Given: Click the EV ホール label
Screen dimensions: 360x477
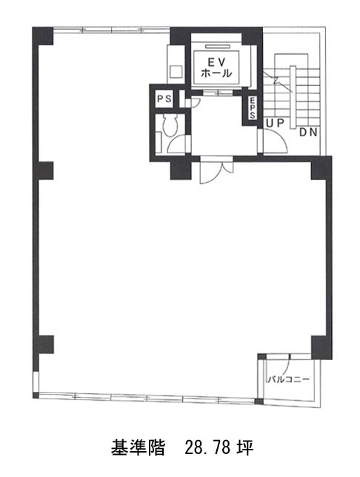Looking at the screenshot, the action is tap(217, 67).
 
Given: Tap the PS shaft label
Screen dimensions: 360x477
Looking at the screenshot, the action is tap(164, 99).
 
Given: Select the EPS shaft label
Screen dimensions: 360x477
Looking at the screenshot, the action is tap(253, 108).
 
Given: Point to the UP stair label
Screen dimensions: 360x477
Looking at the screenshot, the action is tap(275, 123).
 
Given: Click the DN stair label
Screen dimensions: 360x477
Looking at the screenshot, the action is tap(309, 133).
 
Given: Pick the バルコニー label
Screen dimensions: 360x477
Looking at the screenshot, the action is tap(289, 379).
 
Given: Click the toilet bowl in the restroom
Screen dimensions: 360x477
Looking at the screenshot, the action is tap(170, 125).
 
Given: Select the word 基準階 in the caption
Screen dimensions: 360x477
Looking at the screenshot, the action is tap(138, 448).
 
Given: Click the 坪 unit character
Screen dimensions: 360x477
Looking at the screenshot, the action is tap(245, 448).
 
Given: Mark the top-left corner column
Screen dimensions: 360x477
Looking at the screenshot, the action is tap(43, 36).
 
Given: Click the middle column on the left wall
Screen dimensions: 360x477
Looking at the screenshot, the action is tap(44, 170).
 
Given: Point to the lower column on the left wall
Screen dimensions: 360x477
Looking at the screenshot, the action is tap(44, 344).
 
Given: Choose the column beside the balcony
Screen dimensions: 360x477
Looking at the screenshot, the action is tap(321, 347).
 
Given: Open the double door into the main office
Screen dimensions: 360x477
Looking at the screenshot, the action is tap(216, 170).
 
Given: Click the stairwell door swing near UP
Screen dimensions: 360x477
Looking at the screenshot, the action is tap(276, 141).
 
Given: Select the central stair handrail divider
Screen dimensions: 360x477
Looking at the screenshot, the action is tap(293, 97).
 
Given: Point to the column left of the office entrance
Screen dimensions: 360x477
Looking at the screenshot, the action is tap(180, 169).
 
